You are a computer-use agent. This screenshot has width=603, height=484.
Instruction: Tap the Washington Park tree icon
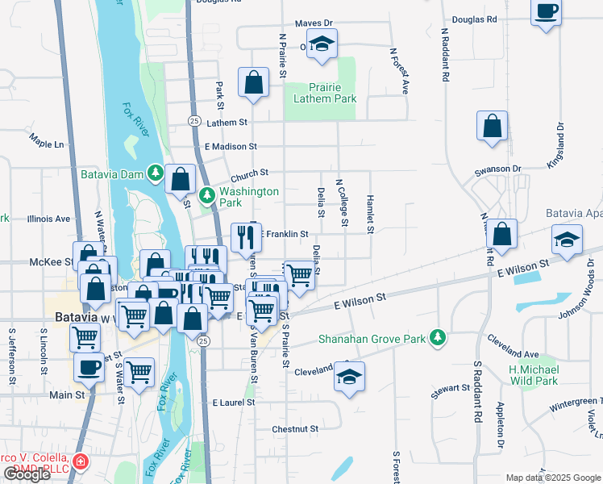point(206,194)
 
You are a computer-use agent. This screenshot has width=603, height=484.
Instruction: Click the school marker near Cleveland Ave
point(349,376)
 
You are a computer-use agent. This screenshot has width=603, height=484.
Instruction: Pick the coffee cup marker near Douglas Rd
point(546,11)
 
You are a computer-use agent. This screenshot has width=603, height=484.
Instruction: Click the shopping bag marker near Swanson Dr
point(492,126)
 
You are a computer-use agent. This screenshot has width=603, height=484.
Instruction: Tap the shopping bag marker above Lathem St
point(253,81)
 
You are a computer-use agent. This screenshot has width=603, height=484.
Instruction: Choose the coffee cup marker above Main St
point(89,367)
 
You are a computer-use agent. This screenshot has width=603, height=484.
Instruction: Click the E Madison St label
point(231,147)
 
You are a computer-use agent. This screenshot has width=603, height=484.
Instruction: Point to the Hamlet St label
point(370,214)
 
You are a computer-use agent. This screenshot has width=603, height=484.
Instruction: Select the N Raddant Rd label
point(445,55)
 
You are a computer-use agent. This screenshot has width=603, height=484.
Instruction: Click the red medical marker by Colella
point(80,461)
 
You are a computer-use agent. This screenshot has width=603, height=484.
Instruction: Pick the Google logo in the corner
point(27,474)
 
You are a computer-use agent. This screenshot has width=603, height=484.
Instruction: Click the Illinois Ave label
point(48,219)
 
